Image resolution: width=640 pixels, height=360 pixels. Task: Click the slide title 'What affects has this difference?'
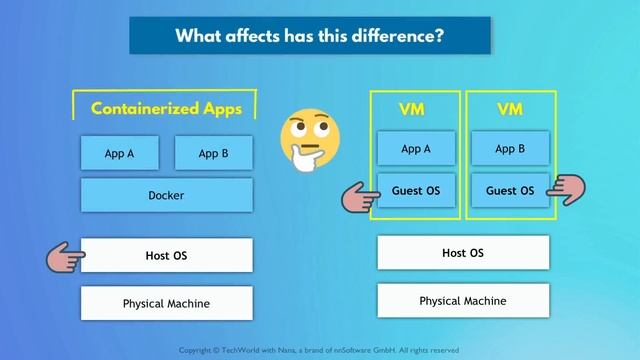(310, 36)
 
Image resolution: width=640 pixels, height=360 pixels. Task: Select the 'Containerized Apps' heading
(166, 109)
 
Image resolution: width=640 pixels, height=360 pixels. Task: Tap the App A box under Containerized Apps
(120, 154)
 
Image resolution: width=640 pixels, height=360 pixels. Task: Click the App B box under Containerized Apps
(213, 154)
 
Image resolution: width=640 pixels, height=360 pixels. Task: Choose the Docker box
(166, 196)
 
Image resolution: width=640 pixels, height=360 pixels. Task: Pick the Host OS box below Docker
(166, 256)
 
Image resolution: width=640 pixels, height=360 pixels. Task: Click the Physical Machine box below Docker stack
(166, 303)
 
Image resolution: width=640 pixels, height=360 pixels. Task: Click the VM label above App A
(416, 108)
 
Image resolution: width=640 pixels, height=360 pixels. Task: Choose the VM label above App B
(510, 108)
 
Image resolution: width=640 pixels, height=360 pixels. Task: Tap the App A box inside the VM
(416, 149)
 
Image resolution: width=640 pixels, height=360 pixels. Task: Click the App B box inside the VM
(510, 149)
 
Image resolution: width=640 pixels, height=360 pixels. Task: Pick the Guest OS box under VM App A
(416, 190)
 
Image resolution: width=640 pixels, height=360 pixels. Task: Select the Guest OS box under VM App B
(510, 190)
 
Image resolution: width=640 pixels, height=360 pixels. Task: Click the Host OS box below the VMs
(463, 253)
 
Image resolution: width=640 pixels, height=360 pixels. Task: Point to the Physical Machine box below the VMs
(463, 300)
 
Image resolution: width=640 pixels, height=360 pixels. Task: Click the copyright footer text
(318, 350)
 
